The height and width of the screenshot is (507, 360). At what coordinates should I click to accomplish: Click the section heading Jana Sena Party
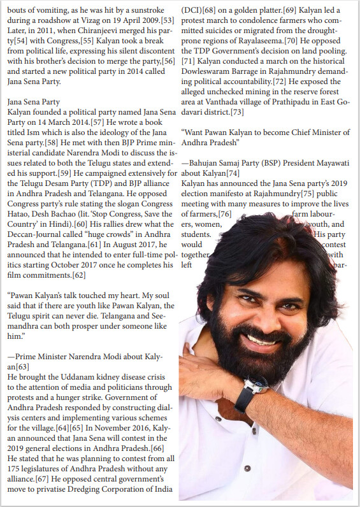[x=33, y=101]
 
